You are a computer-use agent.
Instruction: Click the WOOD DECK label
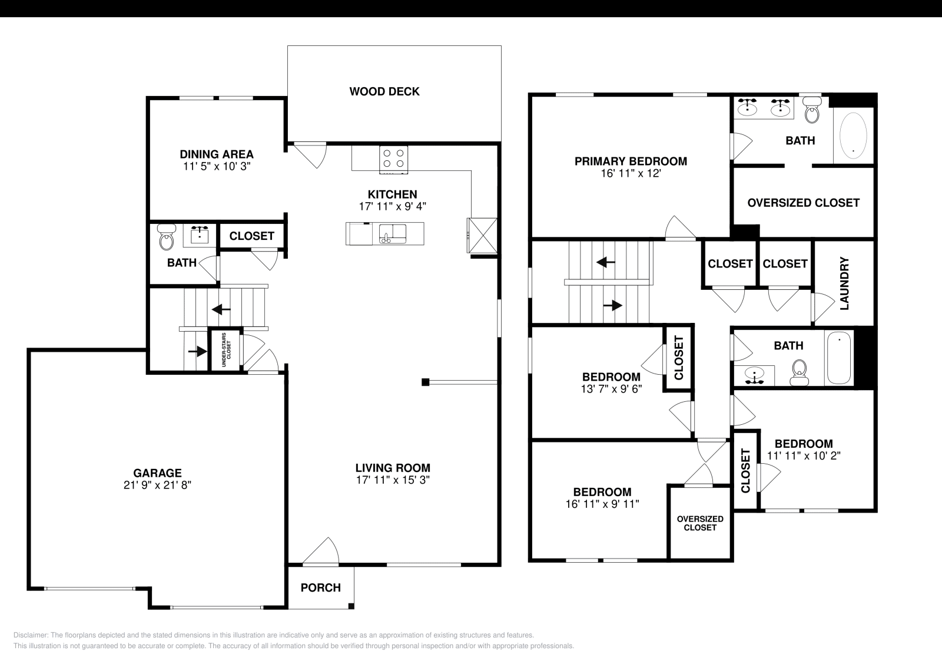384,91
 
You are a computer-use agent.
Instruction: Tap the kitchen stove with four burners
393,159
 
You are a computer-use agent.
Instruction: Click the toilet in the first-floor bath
167,239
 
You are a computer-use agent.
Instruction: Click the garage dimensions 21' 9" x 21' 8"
157,485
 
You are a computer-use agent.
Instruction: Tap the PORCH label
320,587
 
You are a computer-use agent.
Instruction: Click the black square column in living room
425,382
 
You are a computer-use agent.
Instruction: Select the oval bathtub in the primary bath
853,134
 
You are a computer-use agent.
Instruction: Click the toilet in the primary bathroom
812,110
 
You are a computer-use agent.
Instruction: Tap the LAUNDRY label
844,283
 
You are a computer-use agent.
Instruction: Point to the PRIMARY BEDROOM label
631,161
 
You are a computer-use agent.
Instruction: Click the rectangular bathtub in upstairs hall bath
840,358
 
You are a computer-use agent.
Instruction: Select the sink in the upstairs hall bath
754,374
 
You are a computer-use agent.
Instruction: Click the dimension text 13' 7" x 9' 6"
611,388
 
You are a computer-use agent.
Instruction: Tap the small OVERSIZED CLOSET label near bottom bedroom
700,523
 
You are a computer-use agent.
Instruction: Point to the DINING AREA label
217,154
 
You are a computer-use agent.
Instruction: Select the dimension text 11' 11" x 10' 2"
803,455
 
